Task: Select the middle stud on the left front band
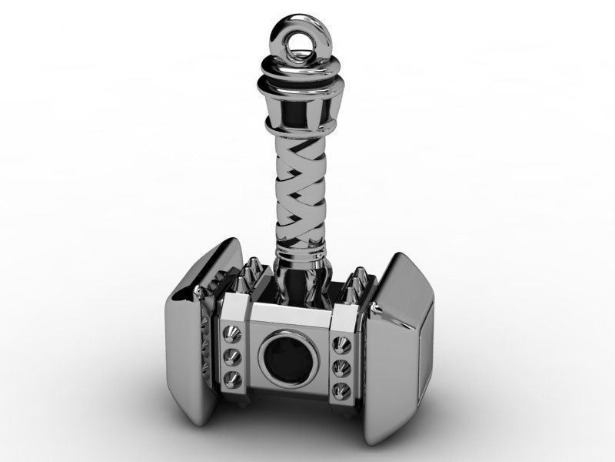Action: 230,357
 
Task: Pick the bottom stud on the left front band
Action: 231,377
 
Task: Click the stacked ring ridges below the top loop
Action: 301,77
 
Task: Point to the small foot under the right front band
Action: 344,409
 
